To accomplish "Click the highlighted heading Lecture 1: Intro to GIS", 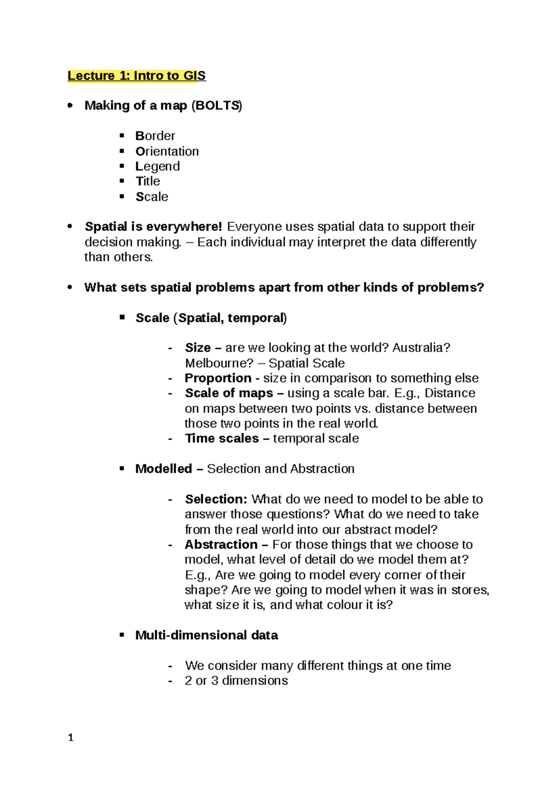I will click(136, 75).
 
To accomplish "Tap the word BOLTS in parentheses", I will click(217, 106).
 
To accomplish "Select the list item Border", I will click(155, 136).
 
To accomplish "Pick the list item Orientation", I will click(167, 151).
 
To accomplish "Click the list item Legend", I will click(157, 166).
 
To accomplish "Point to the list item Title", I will click(148, 181).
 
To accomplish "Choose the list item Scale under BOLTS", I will click(152, 197).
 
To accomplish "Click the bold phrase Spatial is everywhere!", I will click(153, 227).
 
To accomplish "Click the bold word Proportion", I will click(218, 378).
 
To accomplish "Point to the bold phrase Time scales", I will click(222, 438).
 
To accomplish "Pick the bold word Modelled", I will click(164, 469).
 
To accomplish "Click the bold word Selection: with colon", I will click(216, 499).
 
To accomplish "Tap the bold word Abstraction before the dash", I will click(221, 545).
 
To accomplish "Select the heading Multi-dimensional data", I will click(206, 635).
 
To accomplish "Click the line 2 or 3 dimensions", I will click(236, 681).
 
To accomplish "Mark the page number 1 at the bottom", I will click(71, 737).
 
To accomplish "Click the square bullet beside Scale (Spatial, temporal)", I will click(122, 317).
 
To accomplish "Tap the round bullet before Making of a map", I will click(70, 106).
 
